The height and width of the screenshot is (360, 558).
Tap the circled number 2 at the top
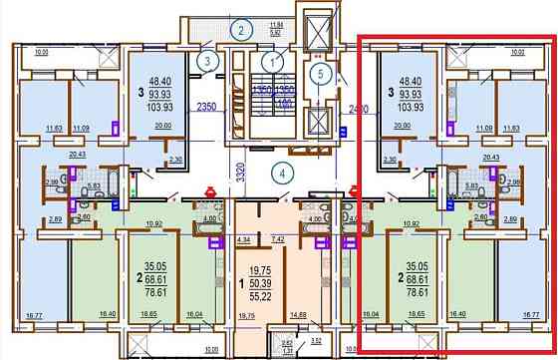pos(241,29)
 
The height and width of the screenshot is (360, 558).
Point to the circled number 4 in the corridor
pos(283,172)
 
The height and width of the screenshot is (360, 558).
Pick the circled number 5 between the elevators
pos(318,72)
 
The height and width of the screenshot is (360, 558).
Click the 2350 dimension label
pos(206,106)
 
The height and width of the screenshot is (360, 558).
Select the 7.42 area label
pos(279,240)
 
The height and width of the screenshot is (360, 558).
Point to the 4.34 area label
pos(243,240)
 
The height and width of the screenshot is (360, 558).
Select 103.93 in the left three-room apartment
pos(160,105)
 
